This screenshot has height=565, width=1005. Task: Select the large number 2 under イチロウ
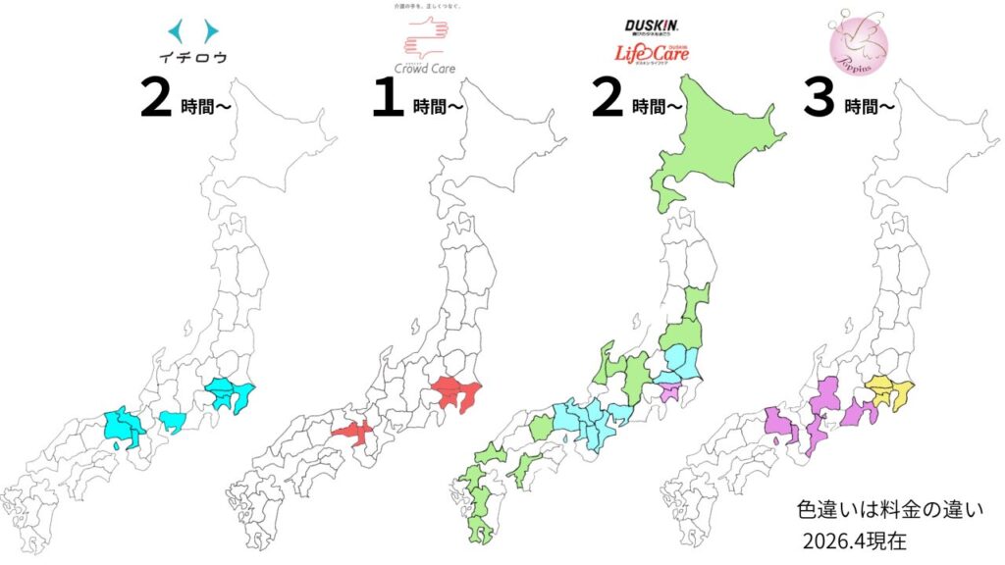[x=158, y=99]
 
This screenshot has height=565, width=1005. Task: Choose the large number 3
[x=820, y=99]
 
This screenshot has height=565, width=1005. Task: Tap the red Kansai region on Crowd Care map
[x=356, y=431]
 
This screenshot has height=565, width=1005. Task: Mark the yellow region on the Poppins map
[x=888, y=392]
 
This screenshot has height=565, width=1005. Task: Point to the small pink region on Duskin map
[x=670, y=393]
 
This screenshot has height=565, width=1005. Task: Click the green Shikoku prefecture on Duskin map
[x=527, y=465]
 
